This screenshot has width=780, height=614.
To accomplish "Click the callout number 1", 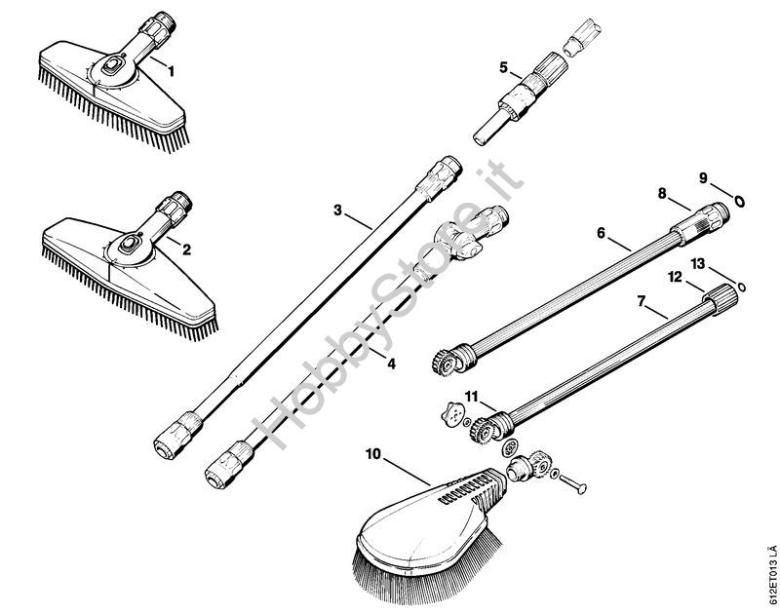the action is click(172, 71).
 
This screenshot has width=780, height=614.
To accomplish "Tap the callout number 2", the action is click(186, 249).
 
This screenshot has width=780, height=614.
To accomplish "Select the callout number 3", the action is click(338, 211).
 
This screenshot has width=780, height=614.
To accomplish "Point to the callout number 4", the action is click(391, 365).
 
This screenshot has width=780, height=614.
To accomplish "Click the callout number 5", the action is click(504, 67).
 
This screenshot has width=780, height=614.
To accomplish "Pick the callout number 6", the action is click(601, 233).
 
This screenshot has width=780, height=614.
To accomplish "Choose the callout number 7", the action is click(642, 301).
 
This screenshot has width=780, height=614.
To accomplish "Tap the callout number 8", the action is click(662, 193).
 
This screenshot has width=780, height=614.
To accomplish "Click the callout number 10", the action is click(373, 454).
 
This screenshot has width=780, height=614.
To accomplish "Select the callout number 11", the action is click(472, 397).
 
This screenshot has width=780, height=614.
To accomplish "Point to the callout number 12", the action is click(675, 277).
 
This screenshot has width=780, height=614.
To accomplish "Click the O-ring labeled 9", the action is click(740, 201).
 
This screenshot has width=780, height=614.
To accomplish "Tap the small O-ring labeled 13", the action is click(742, 287).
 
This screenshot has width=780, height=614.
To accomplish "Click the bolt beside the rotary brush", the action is click(573, 483).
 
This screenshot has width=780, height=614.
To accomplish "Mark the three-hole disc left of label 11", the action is click(452, 413).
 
